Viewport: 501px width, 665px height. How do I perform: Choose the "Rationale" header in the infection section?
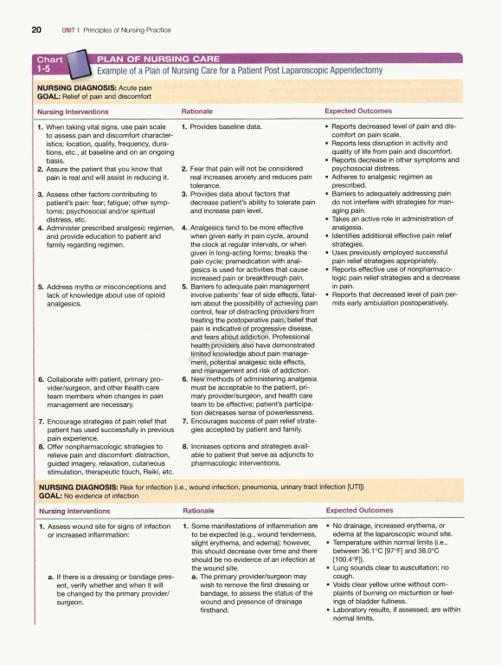199,511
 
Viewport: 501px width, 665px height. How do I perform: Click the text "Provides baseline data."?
226,127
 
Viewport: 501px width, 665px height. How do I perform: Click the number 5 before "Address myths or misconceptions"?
40,287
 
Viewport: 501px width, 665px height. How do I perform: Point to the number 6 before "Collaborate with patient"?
40,379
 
